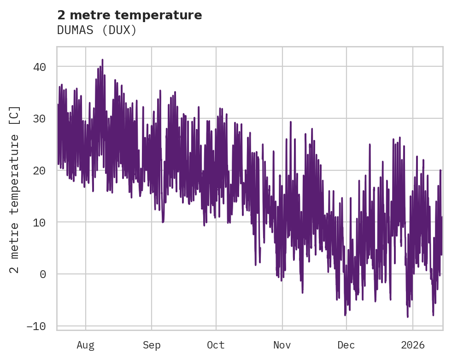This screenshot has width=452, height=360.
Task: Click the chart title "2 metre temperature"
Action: (x=129, y=15)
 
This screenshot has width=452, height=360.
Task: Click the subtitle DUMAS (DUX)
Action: (x=97, y=30)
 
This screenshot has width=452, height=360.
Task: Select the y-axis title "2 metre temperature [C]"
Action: (x=15, y=190)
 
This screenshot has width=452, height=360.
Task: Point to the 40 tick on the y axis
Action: (x=40, y=67)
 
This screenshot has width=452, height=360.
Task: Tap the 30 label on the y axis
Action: (x=40, y=119)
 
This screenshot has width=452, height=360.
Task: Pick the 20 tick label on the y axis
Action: (x=40, y=170)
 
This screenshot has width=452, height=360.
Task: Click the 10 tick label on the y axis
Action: (x=40, y=222)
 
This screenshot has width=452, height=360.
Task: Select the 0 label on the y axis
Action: (x=43, y=274)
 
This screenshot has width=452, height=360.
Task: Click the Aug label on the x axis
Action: (x=86, y=345)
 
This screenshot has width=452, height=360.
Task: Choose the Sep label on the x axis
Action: (x=151, y=345)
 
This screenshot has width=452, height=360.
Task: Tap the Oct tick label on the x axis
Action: (x=216, y=345)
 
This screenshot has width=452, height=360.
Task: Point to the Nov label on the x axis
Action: (x=282, y=345)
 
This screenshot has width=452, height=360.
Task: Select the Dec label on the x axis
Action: (x=346, y=345)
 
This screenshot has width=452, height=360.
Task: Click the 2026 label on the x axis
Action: (x=412, y=345)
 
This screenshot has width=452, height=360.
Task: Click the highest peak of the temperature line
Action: (x=102, y=59)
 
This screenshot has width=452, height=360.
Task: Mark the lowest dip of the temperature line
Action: (x=407, y=317)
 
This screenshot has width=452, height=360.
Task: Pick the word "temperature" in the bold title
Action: (x=165, y=15)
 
